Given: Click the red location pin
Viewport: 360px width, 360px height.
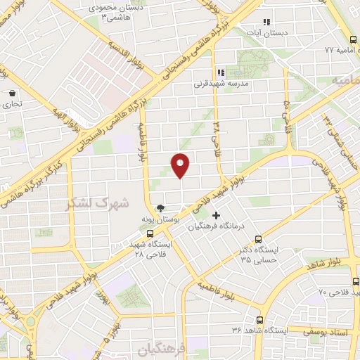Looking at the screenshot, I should coord(181,165).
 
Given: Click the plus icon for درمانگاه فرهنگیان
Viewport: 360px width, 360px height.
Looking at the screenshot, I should coord(216,214).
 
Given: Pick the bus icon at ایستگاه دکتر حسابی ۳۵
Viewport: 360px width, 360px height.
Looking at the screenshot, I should coord(259,239).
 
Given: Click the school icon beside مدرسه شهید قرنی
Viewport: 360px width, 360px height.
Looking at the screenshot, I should coord(220,72).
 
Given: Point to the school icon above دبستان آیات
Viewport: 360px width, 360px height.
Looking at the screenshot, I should coord(266,22).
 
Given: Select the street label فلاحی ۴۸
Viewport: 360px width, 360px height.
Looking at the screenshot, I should coord(217,134).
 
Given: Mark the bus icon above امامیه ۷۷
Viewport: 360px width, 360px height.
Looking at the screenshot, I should coord(353,39).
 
